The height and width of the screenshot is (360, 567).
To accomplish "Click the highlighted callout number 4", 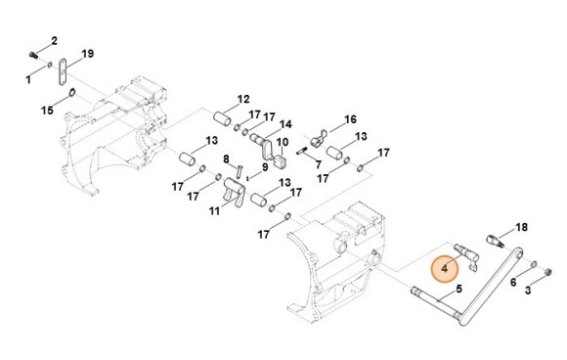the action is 445,269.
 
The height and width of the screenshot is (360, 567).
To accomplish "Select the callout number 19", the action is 88,54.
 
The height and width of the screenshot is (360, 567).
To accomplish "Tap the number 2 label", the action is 54,41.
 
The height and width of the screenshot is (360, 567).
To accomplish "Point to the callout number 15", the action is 47,111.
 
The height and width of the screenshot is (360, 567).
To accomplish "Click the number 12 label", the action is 243,99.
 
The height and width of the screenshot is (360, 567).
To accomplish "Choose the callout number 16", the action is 350,119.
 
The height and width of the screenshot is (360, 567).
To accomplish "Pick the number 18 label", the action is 521,227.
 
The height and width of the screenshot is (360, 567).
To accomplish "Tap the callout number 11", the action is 214,211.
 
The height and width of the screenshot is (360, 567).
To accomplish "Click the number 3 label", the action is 528,291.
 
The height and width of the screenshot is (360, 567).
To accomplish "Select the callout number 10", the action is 283,142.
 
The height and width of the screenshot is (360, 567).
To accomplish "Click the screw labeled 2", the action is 33,55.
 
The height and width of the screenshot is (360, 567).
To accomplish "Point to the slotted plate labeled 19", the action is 63,71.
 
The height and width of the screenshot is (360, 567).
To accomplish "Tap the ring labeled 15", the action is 72,93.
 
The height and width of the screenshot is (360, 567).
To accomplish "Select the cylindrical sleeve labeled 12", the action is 222,118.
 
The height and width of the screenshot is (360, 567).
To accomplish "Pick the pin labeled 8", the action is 240,171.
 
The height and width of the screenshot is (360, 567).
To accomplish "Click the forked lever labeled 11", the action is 234,192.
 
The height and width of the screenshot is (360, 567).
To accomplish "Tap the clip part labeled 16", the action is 319,139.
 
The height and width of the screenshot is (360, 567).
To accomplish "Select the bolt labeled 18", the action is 495,242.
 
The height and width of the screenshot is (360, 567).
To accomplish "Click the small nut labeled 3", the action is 547,272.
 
